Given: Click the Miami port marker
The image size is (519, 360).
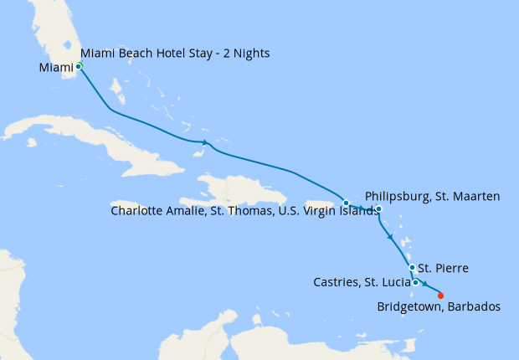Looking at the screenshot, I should (x=79, y=65).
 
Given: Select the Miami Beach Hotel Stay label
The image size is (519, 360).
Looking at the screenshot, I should (x=175, y=54).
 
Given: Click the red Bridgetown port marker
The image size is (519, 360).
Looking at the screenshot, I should (x=441, y=295).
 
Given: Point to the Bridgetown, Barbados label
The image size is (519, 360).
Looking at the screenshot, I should (x=439, y=307).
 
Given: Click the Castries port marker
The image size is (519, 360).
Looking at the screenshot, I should (x=415, y=282).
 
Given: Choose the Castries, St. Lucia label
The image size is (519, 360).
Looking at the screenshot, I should (x=362, y=282).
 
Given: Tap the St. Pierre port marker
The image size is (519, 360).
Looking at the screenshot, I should (x=411, y=268).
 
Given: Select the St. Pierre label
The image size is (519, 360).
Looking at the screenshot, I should (x=442, y=269).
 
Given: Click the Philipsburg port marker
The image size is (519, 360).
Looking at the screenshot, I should (x=378, y=209).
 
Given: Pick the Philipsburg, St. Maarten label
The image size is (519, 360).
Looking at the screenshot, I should (x=432, y=197).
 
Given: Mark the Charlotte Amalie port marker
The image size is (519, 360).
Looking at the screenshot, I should (x=346, y=203).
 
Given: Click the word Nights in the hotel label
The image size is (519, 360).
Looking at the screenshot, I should (x=252, y=54).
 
